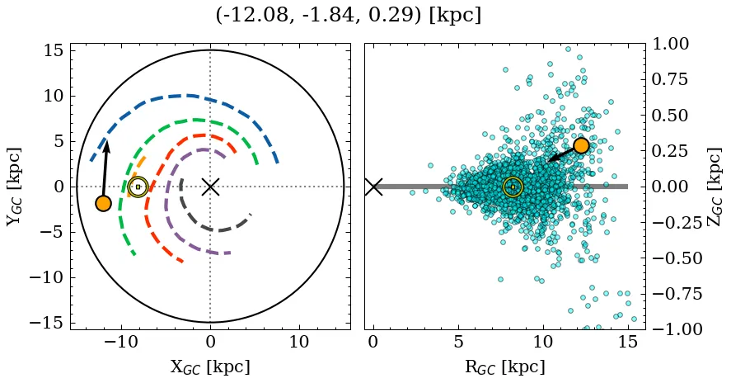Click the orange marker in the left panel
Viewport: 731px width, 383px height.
103,203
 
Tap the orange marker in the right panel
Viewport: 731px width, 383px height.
581,145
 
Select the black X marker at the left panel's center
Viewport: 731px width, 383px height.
210,187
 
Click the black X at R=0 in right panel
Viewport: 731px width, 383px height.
373,187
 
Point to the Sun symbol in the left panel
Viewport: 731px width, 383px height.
138,187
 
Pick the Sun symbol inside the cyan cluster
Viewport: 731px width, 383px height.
513,187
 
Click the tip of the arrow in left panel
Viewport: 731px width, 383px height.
106,141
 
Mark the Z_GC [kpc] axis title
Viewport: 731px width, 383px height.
715,187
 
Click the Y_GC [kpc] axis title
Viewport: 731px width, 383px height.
14,187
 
